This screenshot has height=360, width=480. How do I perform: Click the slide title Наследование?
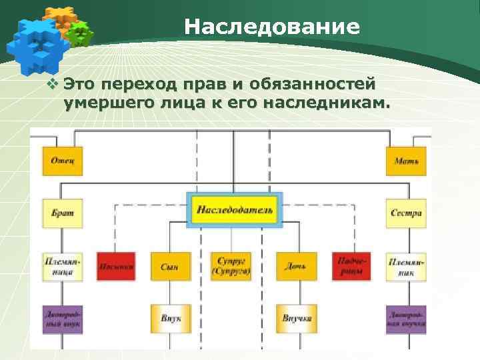pyautogui.click(x=272, y=27)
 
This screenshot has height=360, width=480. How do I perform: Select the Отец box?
pyautogui.click(x=63, y=161)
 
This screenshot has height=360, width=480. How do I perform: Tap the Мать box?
pyautogui.click(x=406, y=161)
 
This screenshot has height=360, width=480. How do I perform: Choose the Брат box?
pyautogui.click(x=63, y=213)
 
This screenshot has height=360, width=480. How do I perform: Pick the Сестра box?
pyautogui.click(x=406, y=213)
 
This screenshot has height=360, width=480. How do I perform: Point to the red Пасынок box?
pyautogui.click(x=115, y=266)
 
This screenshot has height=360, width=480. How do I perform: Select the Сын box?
pyautogui.click(x=170, y=266)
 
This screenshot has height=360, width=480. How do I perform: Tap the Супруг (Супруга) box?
pyautogui.click(x=231, y=266)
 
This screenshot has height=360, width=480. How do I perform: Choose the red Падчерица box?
pyautogui.click(x=351, y=266)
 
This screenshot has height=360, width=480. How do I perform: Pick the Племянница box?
pyautogui.click(x=63, y=266)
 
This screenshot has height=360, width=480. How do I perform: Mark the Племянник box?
pyautogui.click(x=406, y=266)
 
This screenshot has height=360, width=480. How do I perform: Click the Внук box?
pyautogui.click(x=170, y=319)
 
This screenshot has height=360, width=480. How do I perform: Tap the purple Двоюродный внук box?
pyautogui.click(x=63, y=319)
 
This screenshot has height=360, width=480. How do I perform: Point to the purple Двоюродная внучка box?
pyautogui.click(x=406, y=319)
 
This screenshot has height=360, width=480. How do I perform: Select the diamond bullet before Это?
pyautogui.click(x=54, y=85)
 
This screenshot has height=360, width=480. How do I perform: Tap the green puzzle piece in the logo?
pyautogui.click(x=81, y=33)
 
